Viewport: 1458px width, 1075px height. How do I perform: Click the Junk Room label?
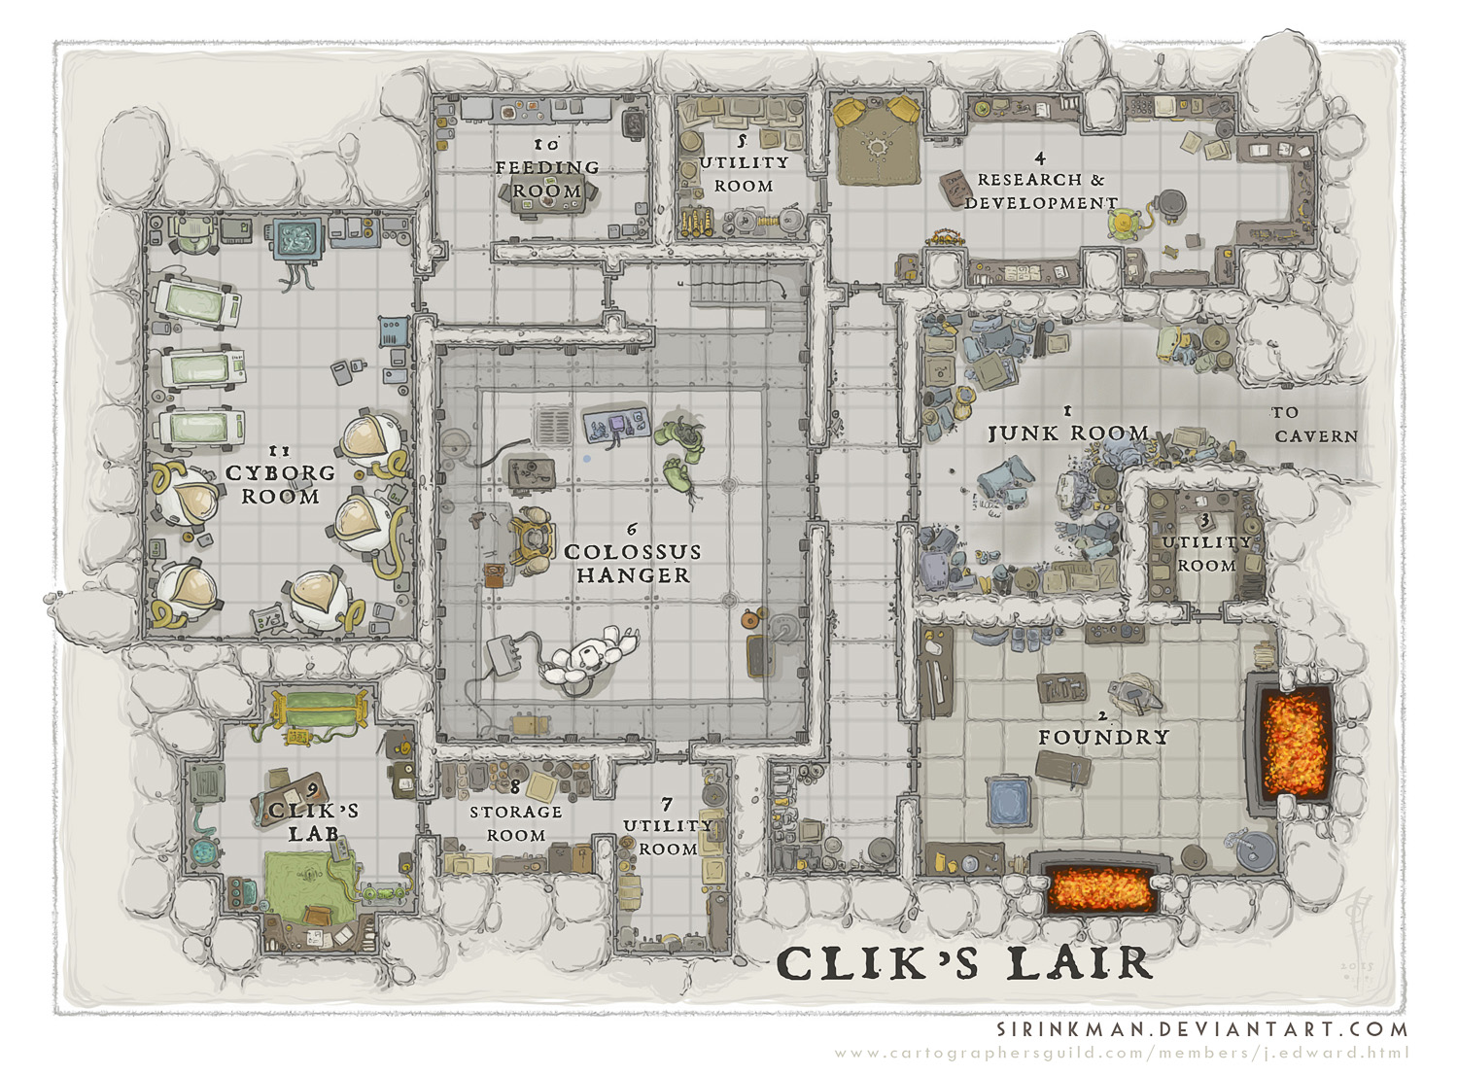(x=1068, y=433)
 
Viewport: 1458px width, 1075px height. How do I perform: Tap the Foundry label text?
(x=1104, y=738)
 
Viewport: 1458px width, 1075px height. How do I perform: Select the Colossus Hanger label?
(x=633, y=564)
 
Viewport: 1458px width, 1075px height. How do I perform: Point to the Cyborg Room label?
(x=281, y=485)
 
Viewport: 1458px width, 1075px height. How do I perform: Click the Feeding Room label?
(x=546, y=179)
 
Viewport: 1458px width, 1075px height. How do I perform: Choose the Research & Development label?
(x=1041, y=191)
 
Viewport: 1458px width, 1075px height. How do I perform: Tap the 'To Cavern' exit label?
(x=1315, y=425)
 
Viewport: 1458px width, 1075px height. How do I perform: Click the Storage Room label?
(x=516, y=823)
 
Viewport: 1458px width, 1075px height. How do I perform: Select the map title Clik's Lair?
(x=964, y=964)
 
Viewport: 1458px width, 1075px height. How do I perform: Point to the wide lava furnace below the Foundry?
(x=1100, y=886)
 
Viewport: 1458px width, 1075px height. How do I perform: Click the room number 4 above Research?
(x=1040, y=158)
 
